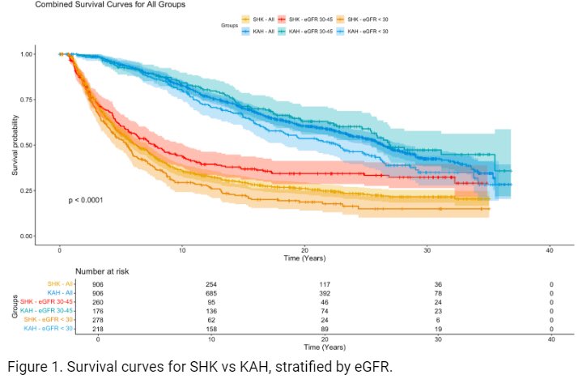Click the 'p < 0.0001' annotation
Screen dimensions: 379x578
pyautogui.click(x=85, y=199)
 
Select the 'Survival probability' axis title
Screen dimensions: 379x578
pyautogui.click(x=15, y=145)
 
